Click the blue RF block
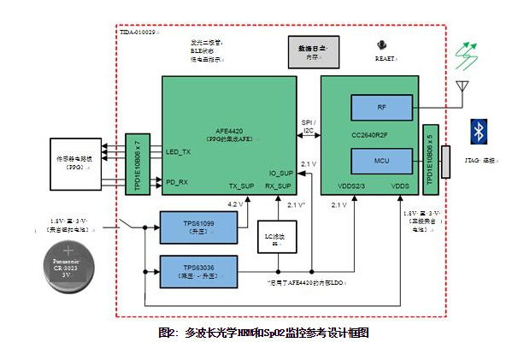click(x=381, y=107)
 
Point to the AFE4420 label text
click(x=229, y=130)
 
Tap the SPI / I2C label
click(x=309, y=126)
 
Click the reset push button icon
click(x=381, y=44)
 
